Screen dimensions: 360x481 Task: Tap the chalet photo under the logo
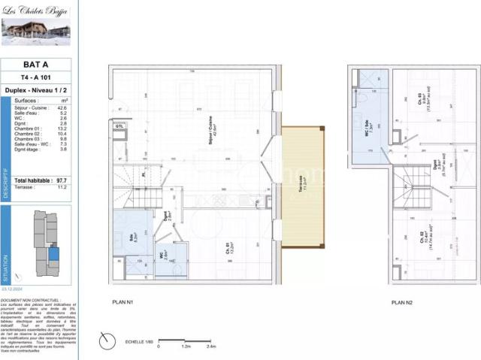click(x=36, y=32)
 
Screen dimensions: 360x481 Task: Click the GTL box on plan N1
click(x=119, y=127)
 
